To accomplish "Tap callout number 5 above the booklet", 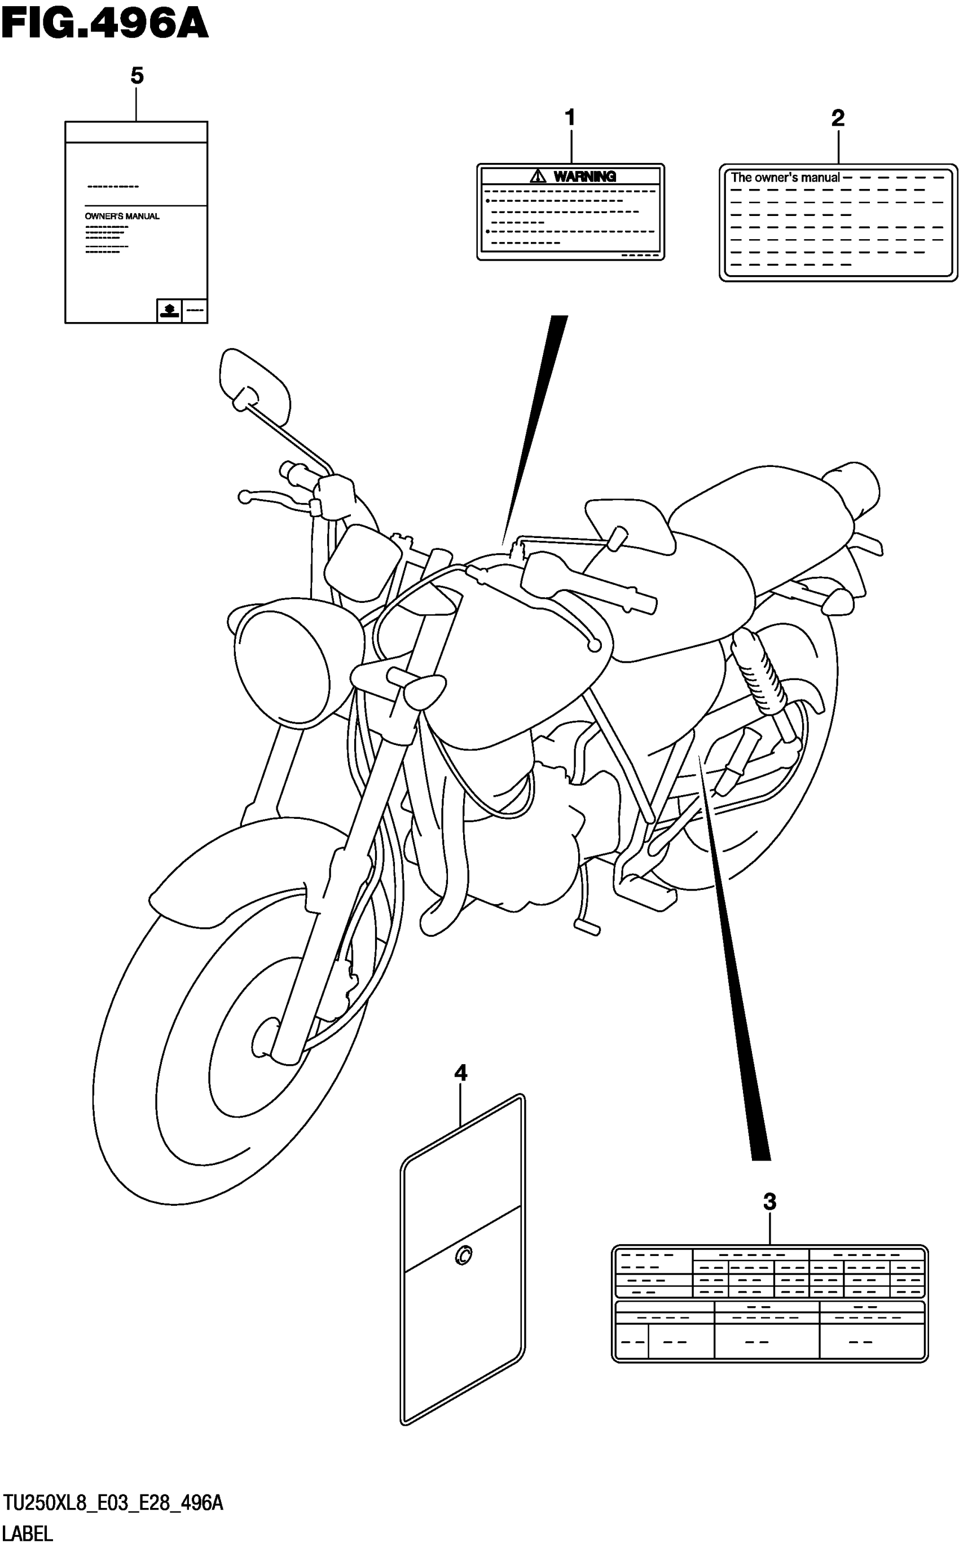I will (137, 76).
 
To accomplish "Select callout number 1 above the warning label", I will (570, 117).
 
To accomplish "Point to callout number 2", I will (838, 117).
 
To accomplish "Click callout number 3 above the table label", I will (769, 1201).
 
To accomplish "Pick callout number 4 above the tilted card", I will (461, 1073).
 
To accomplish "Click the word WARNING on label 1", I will (584, 177).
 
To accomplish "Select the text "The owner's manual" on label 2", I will (785, 178).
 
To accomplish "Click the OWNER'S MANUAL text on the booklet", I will (122, 216).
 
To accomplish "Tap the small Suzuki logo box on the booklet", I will (169, 310).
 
